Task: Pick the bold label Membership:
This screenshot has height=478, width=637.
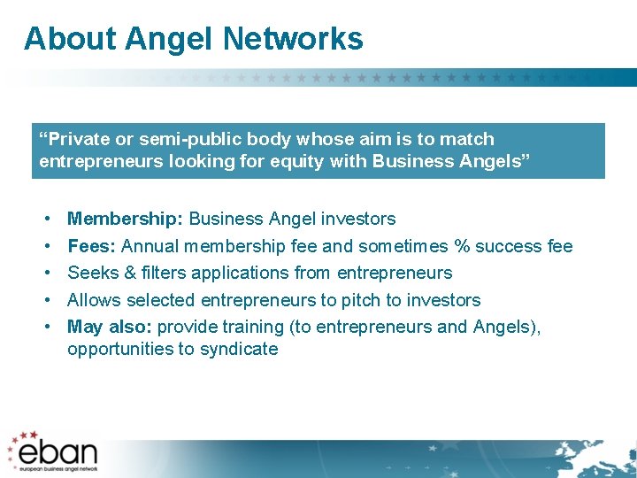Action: pyautogui.click(x=126, y=219)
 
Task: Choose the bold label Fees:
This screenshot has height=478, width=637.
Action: pyautogui.click(x=92, y=246)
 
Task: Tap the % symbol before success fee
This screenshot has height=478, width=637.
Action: pyautogui.click(x=461, y=246)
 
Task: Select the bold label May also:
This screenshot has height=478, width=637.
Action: pyautogui.click(x=108, y=328)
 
